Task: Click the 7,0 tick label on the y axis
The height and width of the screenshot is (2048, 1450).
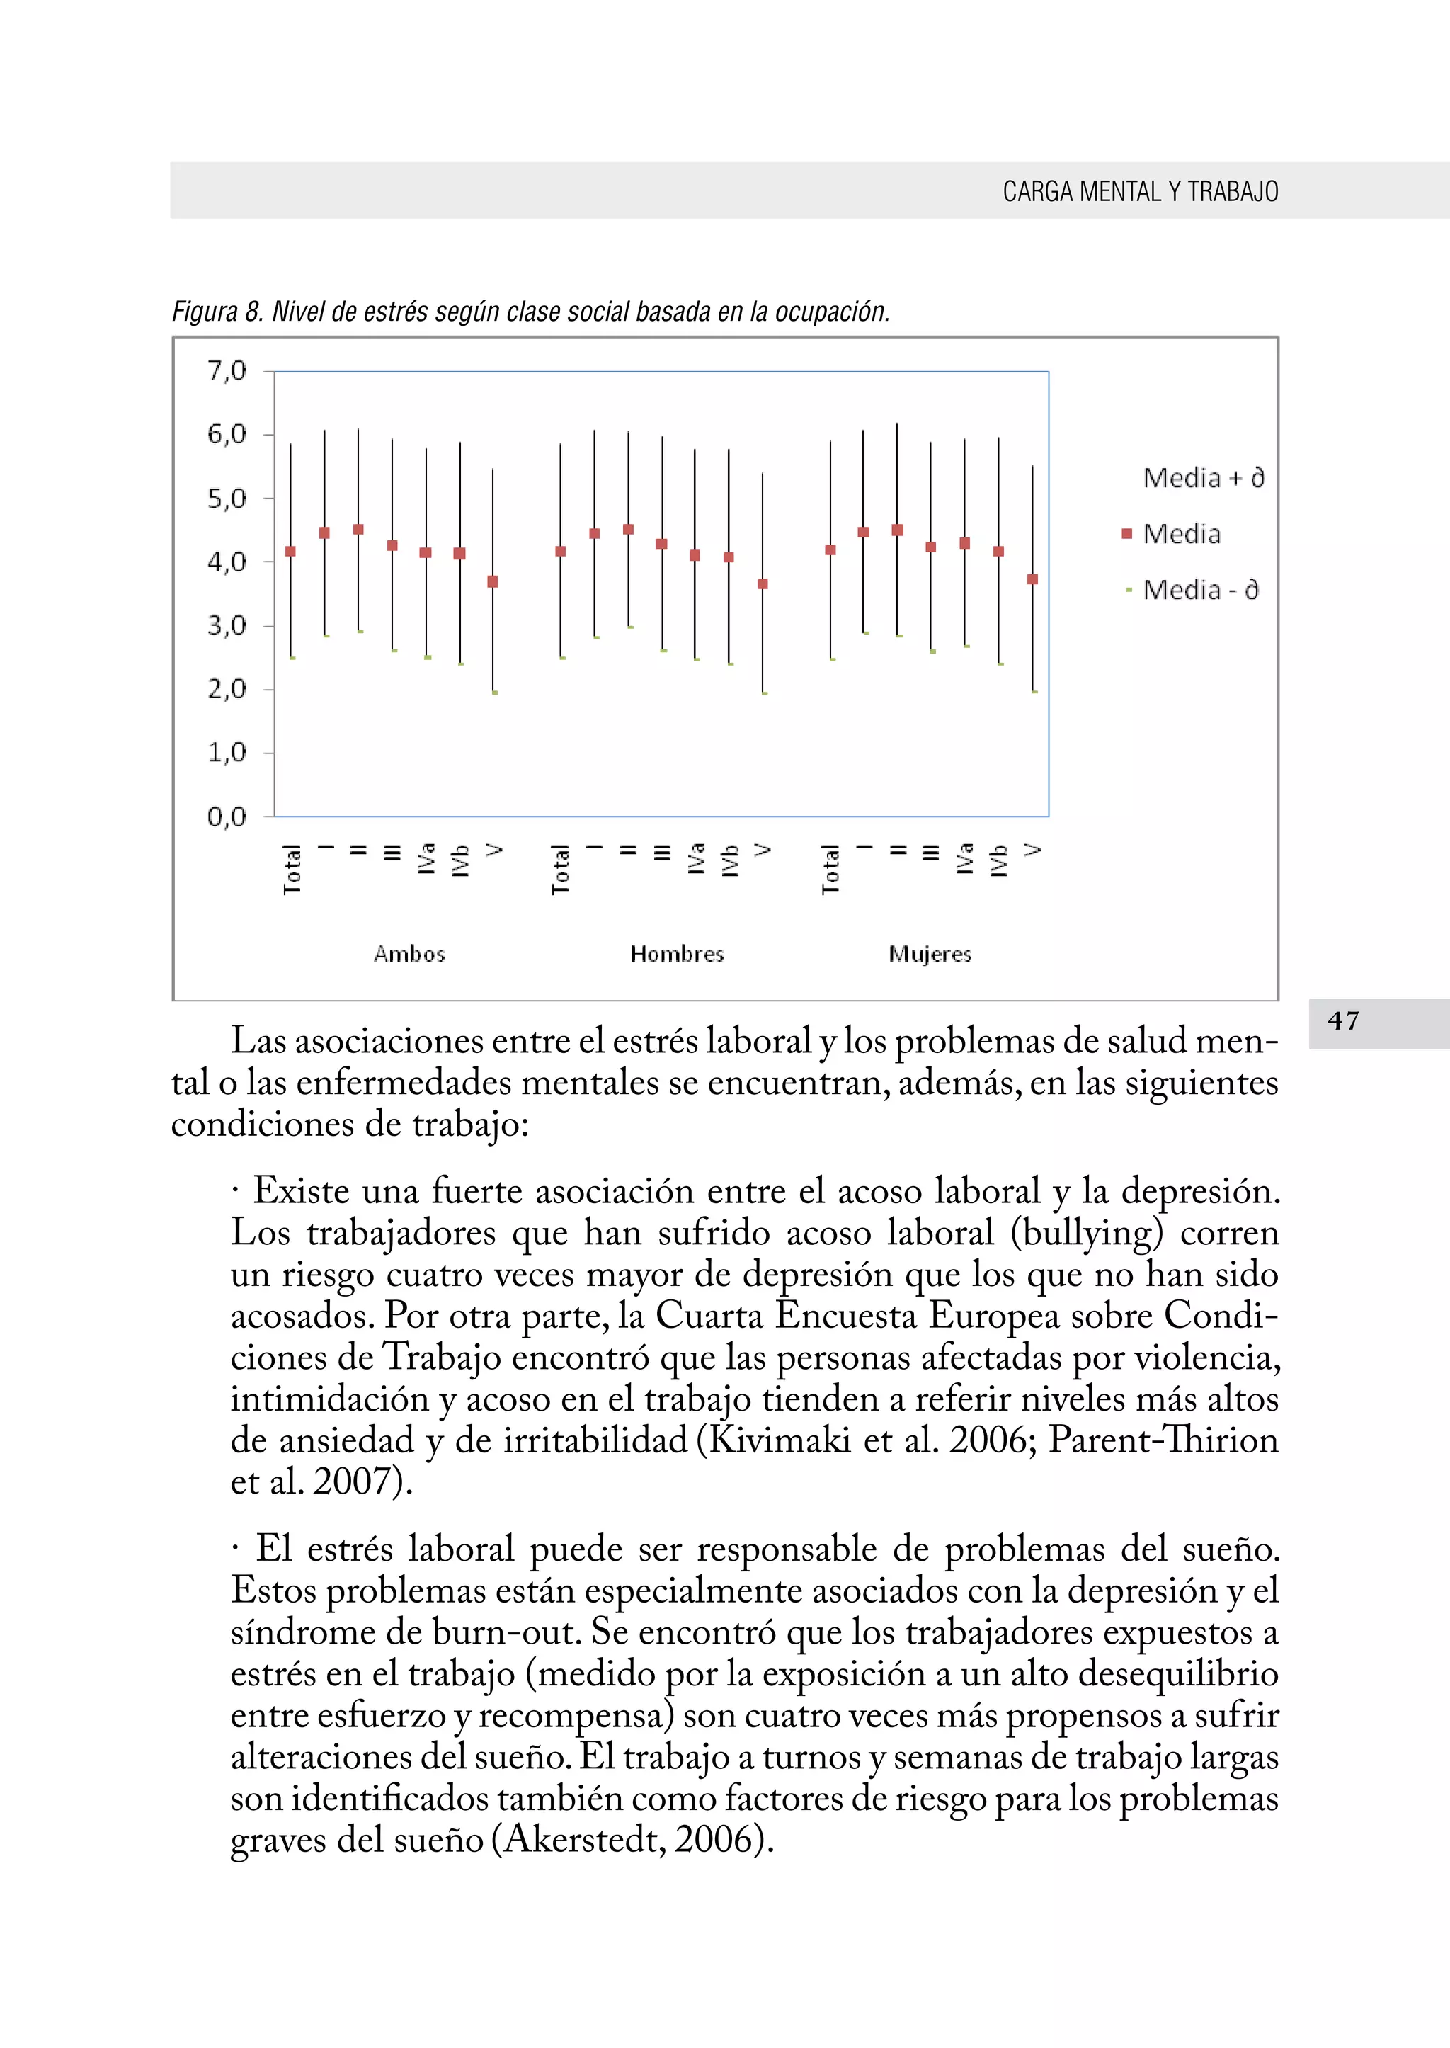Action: (226, 370)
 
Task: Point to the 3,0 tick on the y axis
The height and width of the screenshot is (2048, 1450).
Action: (226, 625)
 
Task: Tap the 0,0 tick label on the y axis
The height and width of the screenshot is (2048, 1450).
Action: (226, 817)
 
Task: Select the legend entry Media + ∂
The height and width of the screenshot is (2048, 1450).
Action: (1203, 478)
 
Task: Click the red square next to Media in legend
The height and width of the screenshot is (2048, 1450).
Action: (1126, 534)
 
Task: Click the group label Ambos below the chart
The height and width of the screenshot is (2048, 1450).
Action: (409, 954)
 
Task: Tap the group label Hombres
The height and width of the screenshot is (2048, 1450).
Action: (677, 954)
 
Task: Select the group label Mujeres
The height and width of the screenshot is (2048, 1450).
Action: (930, 954)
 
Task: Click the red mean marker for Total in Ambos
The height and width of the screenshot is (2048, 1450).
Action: (290, 551)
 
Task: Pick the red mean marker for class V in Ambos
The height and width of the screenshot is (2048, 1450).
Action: (493, 581)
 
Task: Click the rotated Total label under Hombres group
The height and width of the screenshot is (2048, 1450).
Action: (560, 869)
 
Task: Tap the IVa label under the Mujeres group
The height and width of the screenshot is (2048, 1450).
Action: (964, 858)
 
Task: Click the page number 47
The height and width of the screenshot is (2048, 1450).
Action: (1343, 1021)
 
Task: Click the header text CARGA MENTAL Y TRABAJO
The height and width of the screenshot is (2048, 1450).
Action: (1140, 191)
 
